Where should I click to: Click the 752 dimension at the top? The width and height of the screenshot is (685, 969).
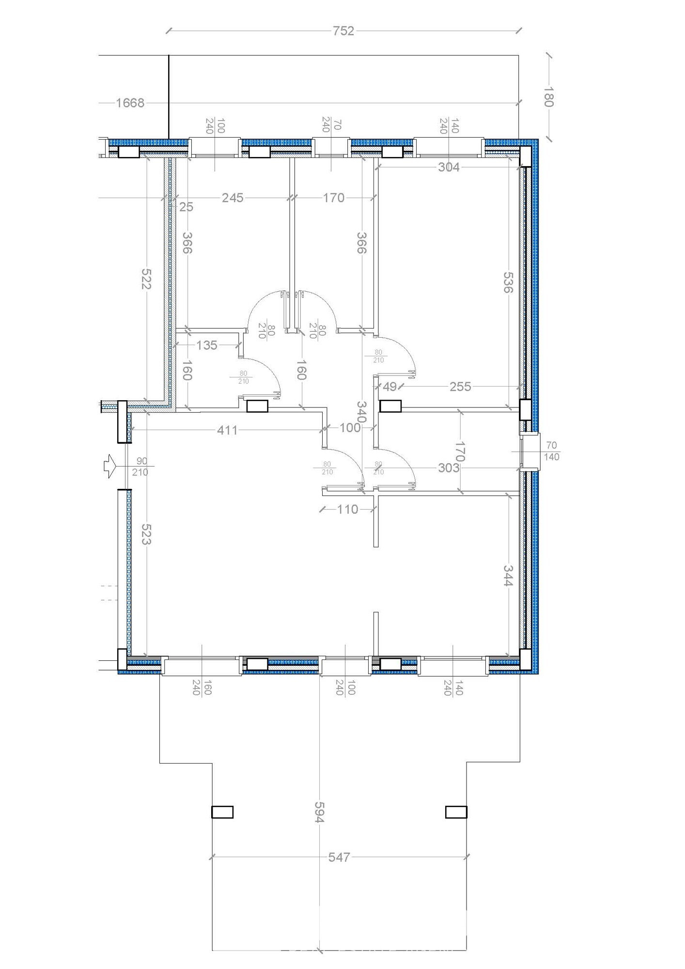point(343,31)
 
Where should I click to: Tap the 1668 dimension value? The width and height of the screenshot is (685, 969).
point(130,103)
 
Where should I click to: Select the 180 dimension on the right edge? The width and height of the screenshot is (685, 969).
point(548,96)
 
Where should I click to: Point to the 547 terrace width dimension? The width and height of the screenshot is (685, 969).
point(339,857)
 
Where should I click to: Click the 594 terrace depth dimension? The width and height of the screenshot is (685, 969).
point(318,811)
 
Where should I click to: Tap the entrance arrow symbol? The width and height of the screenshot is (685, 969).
point(109,466)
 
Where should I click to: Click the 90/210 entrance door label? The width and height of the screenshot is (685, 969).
point(140,466)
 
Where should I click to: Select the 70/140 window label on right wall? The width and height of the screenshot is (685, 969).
point(552,451)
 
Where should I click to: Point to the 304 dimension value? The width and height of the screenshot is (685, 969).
point(449,167)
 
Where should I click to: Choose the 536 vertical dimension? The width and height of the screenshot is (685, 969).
point(508,282)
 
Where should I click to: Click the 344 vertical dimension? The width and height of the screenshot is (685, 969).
point(508,576)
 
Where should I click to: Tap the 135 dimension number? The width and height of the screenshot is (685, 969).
point(207,345)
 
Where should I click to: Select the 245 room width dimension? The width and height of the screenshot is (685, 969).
point(233,198)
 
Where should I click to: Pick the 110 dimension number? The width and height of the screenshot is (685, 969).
point(347,509)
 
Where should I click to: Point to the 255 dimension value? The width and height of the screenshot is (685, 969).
point(460,387)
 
